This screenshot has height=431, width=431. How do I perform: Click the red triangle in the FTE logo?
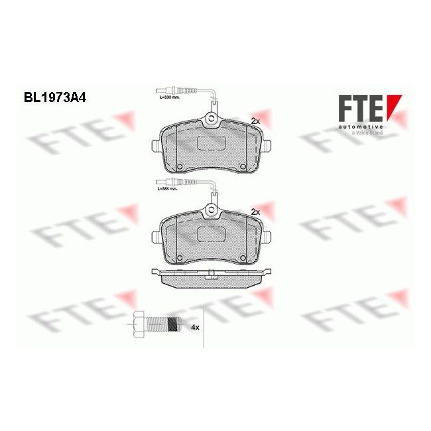[397, 107]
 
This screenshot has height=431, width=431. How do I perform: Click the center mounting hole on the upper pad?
[211, 121]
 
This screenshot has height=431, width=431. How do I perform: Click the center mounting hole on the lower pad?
[211, 212]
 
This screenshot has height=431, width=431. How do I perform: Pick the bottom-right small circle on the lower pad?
[243, 258]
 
